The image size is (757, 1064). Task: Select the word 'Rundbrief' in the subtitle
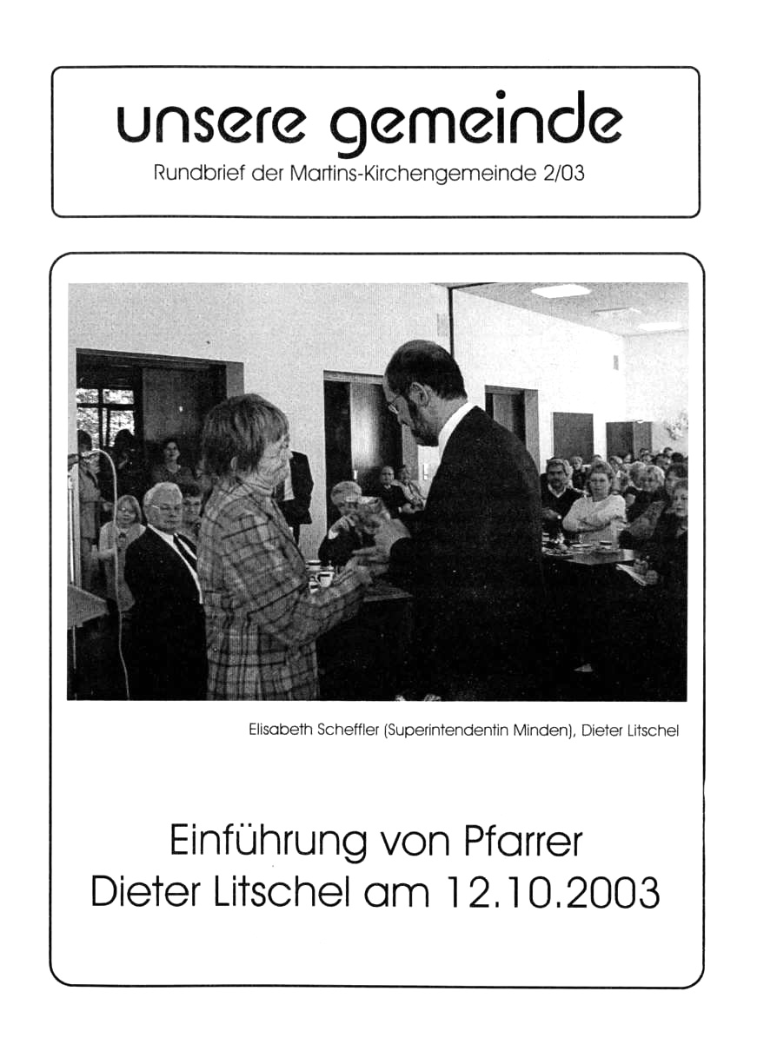tap(196, 174)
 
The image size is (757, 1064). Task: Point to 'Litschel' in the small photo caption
tap(650, 730)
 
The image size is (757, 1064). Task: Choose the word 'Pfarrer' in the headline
tap(527, 843)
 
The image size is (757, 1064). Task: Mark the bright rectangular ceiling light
tap(561, 291)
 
